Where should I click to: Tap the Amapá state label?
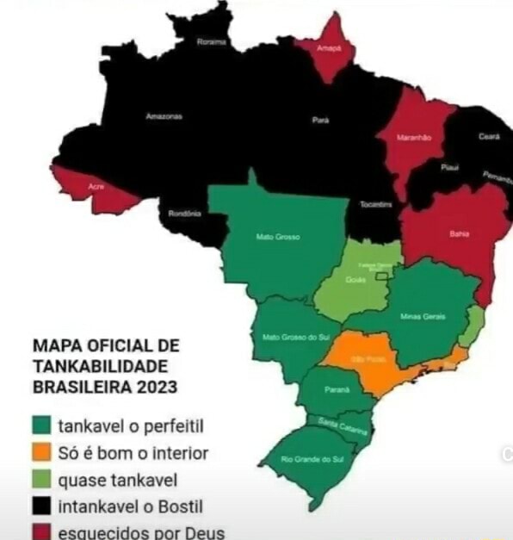(x=329, y=49)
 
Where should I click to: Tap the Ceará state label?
(x=490, y=136)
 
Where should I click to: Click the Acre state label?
(x=96, y=186)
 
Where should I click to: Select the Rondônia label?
(x=185, y=213)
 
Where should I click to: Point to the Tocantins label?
(x=375, y=204)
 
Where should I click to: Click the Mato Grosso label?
(x=277, y=237)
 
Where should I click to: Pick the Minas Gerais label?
(x=423, y=316)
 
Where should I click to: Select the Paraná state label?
(x=338, y=389)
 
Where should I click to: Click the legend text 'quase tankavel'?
(x=111, y=479)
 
